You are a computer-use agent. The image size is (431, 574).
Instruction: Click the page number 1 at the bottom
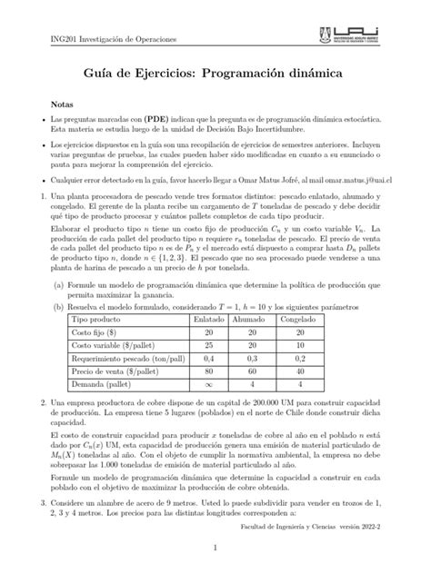[x=215, y=549]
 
